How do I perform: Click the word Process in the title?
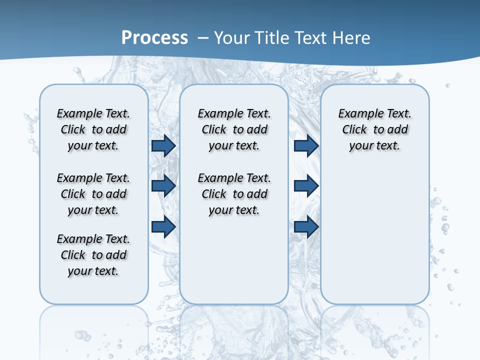pos(154,37)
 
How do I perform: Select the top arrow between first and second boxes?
pos(163,145)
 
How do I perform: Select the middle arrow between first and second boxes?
pos(163,186)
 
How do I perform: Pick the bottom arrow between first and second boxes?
pos(163,226)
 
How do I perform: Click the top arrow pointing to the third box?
pos(306,145)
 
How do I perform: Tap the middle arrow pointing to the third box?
pos(306,186)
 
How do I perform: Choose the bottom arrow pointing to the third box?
pos(306,226)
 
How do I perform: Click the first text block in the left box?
pos(93,129)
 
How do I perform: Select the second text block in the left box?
pos(93,194)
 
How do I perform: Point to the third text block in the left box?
pos(93,255)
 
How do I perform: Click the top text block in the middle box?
pos(234,129)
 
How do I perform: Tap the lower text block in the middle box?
pos(234,194)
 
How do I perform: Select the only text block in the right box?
pos(374,129)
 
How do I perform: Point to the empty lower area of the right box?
pos(374,240)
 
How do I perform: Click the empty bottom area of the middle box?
pos(234,265)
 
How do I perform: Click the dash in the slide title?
pos(203,37)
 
